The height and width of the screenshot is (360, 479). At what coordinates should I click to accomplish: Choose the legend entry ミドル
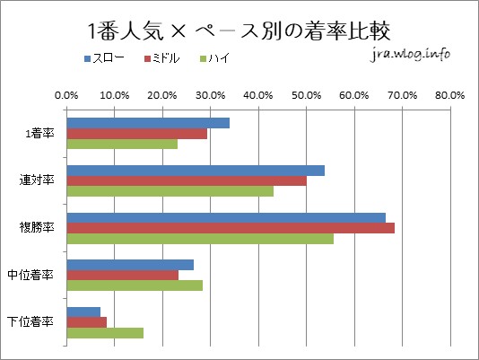pyautogui.click(x=167, y=58)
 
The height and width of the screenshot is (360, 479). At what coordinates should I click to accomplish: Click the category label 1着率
pyautogui.click(x=39, y=134)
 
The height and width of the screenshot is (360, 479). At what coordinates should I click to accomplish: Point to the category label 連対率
pyautogui.click(x=37, y=180)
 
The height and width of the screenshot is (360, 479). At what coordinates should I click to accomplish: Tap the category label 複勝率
pyautogui.click(x=37, y=227)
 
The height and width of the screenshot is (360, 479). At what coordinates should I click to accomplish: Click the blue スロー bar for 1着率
pyautogui.click(x=147, y=123)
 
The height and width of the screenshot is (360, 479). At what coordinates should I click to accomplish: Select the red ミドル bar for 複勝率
pyautogui.click(x=230, y=228)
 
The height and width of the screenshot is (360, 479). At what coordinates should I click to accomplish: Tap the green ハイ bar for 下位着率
pyautogui.click(x=104, y=333)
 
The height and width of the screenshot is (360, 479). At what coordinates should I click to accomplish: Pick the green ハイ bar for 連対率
pyautogui.click(x=170, y=191)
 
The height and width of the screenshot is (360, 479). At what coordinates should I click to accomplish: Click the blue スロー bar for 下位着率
pyautogui.click(x=83, y=312)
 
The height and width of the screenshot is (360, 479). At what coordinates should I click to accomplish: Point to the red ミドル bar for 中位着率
pyautogui.click(x=122, y=275)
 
